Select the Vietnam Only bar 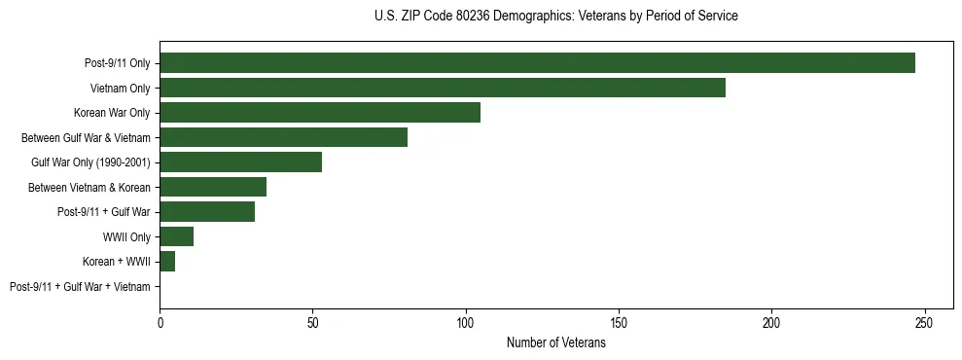[x=443, y=88]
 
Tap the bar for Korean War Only [x=320, y=113]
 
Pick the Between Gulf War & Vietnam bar [x=283, y=137]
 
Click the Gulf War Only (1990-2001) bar [x=240, y=162]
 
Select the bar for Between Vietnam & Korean [x=213, y=187]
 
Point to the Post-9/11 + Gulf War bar [x=207, y=212]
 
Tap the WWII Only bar [x=177, y=236]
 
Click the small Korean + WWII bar [x=167, y=262]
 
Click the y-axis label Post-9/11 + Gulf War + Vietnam [x=80, y=287]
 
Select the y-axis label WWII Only [x=126, y=237]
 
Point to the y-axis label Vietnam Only [x=121, y=89]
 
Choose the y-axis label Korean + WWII [x=116, y=262]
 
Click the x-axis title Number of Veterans [x=555, y=342]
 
